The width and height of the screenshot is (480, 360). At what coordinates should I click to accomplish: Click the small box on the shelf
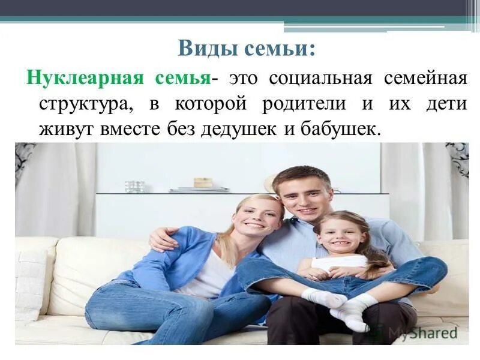point(203,182)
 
